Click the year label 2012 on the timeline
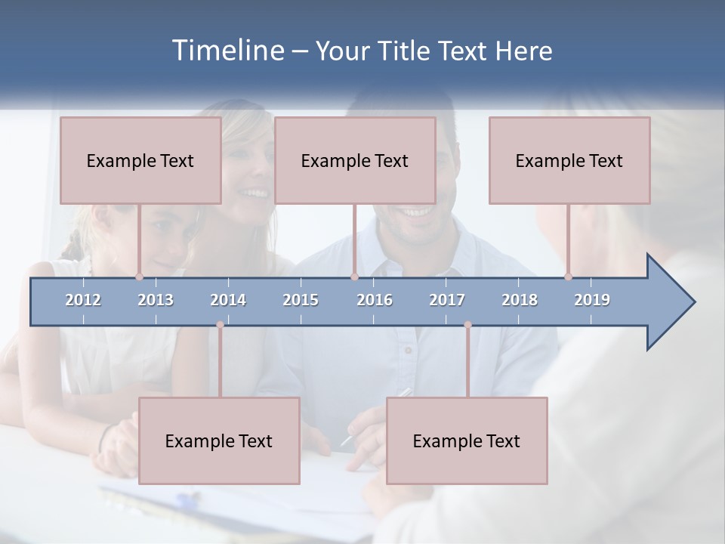[83, 300]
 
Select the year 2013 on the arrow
[156, 300]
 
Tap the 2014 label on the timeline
[228, 300]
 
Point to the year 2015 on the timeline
[301, 300]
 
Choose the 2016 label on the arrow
[375, 300]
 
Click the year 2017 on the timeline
[447, 300]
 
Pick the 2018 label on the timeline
[520, 300]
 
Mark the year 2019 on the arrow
[592, 300]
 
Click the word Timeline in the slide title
[227, 51]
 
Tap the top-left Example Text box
[140, 161]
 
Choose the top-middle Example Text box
[355, 161]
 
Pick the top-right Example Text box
[569, 161]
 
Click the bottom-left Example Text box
[219, 441]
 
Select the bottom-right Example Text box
[467, 441]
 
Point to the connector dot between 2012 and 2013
[139, 277]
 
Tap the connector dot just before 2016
[354, 277]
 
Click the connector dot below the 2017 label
[467, 325]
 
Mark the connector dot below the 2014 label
[220, 325]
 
